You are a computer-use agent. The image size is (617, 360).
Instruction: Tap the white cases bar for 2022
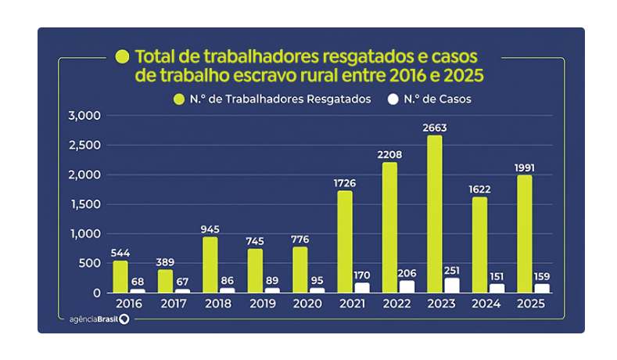407,286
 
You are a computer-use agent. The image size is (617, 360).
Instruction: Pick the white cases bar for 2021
362,288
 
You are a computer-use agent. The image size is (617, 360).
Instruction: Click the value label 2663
435,127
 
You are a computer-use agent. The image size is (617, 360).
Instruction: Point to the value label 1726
344,182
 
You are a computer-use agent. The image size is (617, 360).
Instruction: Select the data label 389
165,261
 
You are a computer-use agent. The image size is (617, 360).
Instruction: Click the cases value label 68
138,280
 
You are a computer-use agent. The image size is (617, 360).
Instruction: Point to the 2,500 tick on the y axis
86,146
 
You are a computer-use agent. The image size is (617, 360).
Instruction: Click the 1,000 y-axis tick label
86,234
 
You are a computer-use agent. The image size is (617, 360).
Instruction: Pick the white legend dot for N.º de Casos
393,99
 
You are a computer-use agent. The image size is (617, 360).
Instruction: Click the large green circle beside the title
122,56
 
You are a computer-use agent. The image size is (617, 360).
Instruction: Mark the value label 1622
479,189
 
